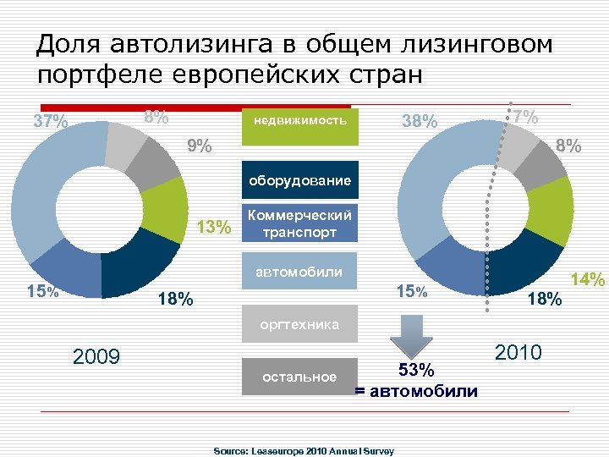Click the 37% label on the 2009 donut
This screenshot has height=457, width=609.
point(51,122)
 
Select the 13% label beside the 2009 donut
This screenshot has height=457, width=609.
point(213,227)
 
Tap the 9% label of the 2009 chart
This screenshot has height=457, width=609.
point(200,147)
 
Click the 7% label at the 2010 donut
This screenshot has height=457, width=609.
point(526,117)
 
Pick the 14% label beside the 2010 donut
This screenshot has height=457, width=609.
point(588,278)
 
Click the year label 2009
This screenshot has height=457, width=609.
point(98,355)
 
